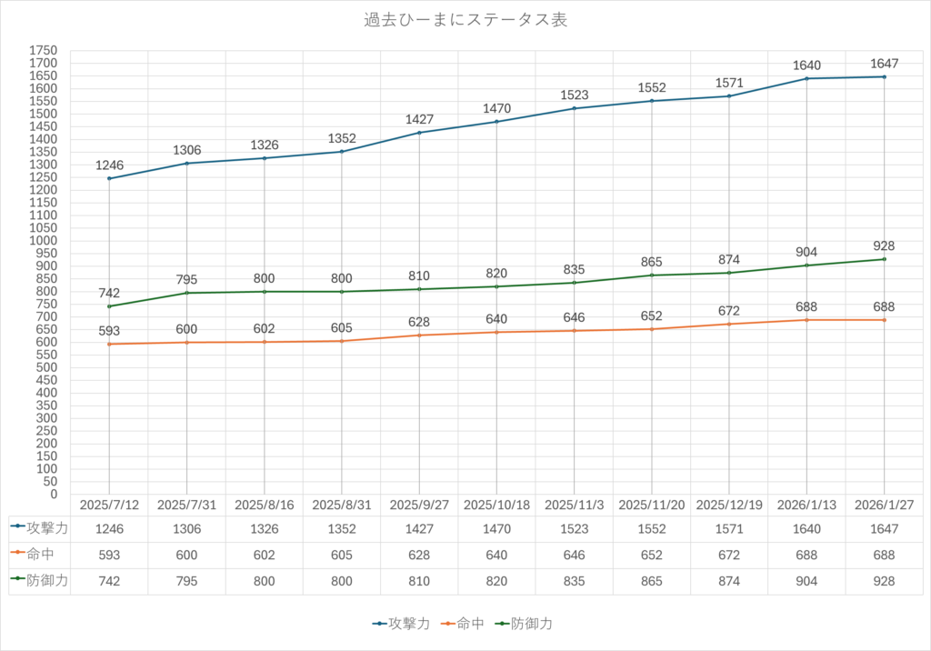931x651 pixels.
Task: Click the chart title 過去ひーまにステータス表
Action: click(x=465, y=20)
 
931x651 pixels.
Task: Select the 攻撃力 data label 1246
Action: click(x=109, y=166)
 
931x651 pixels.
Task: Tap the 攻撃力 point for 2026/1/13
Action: click(x=807, y=78)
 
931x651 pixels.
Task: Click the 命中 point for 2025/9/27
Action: click(x=419, y=336)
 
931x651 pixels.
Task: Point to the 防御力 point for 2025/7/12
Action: click(x=109, y=306)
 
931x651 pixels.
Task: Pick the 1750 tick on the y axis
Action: click(x=43, y=50)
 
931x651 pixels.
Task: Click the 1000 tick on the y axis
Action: click(x=43, y=241)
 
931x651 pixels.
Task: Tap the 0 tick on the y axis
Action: click(x=53, y=495)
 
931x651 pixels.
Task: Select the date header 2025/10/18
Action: click(x=496, y=504)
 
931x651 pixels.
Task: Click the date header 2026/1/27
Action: click(x=885, y=504)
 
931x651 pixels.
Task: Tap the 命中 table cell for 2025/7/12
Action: click(x=109, y=554)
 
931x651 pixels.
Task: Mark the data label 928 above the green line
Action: click(x=884, y=246)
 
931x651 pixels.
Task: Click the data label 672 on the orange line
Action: click(x=729, y=311)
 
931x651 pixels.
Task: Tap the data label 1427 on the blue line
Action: click(x=419, y=120)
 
